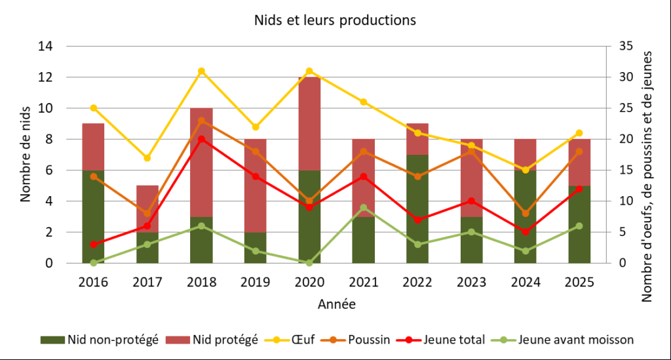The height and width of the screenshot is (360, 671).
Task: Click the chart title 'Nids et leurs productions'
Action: (x=335, y=20)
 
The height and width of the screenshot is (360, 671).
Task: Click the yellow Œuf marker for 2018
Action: (x=201, y=71)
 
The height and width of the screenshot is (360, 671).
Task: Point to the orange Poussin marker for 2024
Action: (x=526, y=213)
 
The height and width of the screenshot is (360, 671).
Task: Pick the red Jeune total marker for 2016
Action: (x=93, y=244)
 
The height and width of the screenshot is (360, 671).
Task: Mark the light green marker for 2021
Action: (x=363, y=207)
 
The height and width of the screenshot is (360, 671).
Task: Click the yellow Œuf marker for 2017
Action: (x=147, y=158)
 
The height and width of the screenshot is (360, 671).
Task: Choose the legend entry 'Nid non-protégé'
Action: (x=98, y=340)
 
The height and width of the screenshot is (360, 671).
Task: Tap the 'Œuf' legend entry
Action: (x=292, y=340)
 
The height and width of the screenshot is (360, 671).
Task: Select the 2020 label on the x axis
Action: (x=309, y=282)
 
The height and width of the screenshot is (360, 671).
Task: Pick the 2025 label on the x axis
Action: (x=579, y=282)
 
